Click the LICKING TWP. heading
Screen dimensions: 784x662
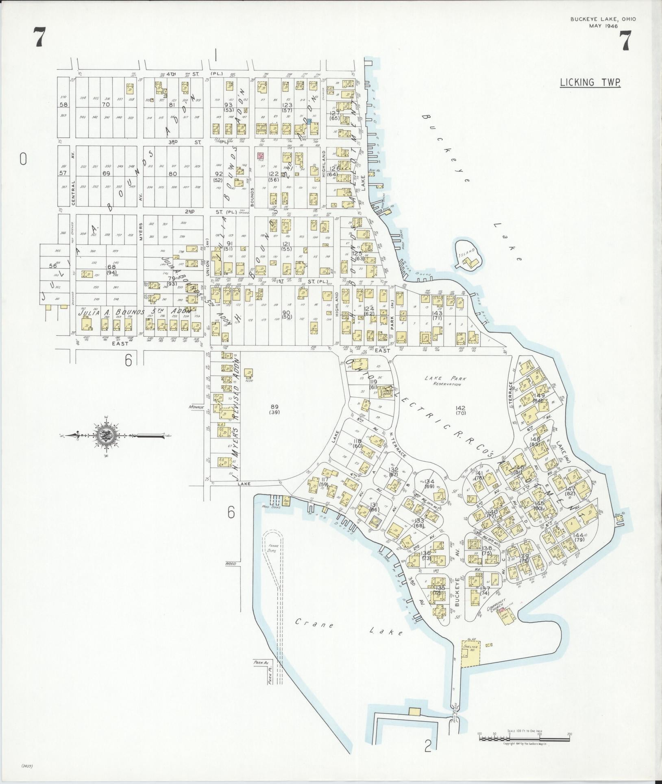coord(590,83)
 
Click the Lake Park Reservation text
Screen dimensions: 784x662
coord(446,381)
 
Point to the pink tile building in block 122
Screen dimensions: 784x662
coord(261,155)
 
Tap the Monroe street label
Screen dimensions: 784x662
coord(196,406)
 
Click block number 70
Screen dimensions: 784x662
coord(106,104)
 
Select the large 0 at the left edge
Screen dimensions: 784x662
coord(23,159)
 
